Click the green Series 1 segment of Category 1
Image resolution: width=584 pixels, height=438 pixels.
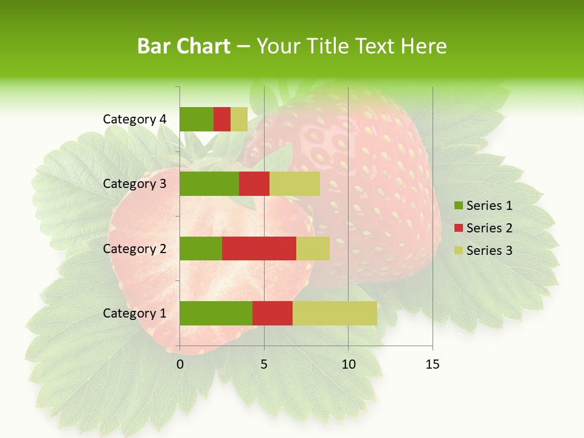tap(216, 313)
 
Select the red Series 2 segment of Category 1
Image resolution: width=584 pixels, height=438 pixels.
tap(273, 313)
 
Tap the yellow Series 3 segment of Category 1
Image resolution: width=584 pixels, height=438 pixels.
tap(335, 313)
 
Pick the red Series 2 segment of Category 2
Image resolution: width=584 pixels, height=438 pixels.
tap(259, 248)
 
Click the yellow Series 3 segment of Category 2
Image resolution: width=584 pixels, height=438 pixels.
tap(313, 248)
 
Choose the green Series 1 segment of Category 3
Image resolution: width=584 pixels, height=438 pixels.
tap(209, 184)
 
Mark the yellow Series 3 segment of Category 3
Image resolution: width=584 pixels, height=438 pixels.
tap(294, 184)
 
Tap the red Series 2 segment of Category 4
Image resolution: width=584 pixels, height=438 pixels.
tap(222, 119)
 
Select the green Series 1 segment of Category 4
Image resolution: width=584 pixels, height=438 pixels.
tap(196, 119)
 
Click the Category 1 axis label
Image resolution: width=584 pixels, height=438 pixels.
tap(134, 313)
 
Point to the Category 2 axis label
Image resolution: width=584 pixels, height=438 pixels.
tap(134, 248)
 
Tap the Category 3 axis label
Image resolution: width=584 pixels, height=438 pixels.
tap(134, 184)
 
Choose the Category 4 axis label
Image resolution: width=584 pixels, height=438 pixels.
tap(134, 119)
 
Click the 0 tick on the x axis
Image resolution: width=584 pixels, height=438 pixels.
tap(180, 364)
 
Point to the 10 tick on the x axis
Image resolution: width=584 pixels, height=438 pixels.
tap(348, 364)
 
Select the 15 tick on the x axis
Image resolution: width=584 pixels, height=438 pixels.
tap(432, 364)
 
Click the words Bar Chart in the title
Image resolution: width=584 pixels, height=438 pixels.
tap(184, 46)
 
